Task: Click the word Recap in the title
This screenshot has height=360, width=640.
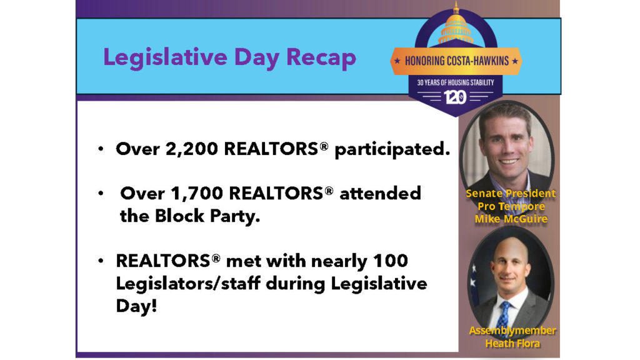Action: coord(321,57)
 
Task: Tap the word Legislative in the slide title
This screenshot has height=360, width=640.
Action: coord(165,57)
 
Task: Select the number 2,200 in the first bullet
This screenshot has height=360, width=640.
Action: coord(192,149)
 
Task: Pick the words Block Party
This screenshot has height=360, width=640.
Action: coord(207,216)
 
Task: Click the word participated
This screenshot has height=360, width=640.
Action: coord(392,150)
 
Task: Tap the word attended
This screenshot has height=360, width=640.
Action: coord(380,193)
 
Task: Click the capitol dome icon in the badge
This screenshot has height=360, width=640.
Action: coord(456,25)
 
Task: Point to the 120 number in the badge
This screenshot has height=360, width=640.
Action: coord(456,97)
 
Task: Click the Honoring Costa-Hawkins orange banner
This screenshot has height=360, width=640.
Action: coord(456,61)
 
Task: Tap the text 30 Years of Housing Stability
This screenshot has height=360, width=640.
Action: coord(456,82)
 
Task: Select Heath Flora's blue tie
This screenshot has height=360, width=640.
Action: coord(504,316)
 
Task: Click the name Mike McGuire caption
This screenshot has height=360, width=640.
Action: coord(511,219)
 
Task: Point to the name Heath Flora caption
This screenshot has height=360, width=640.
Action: coord(512,344)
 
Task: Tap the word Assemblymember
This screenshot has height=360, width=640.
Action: coord(512,331)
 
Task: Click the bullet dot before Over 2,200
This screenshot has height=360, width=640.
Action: coord(101,149)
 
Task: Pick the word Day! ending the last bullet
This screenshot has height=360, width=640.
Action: coord(136,306)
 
